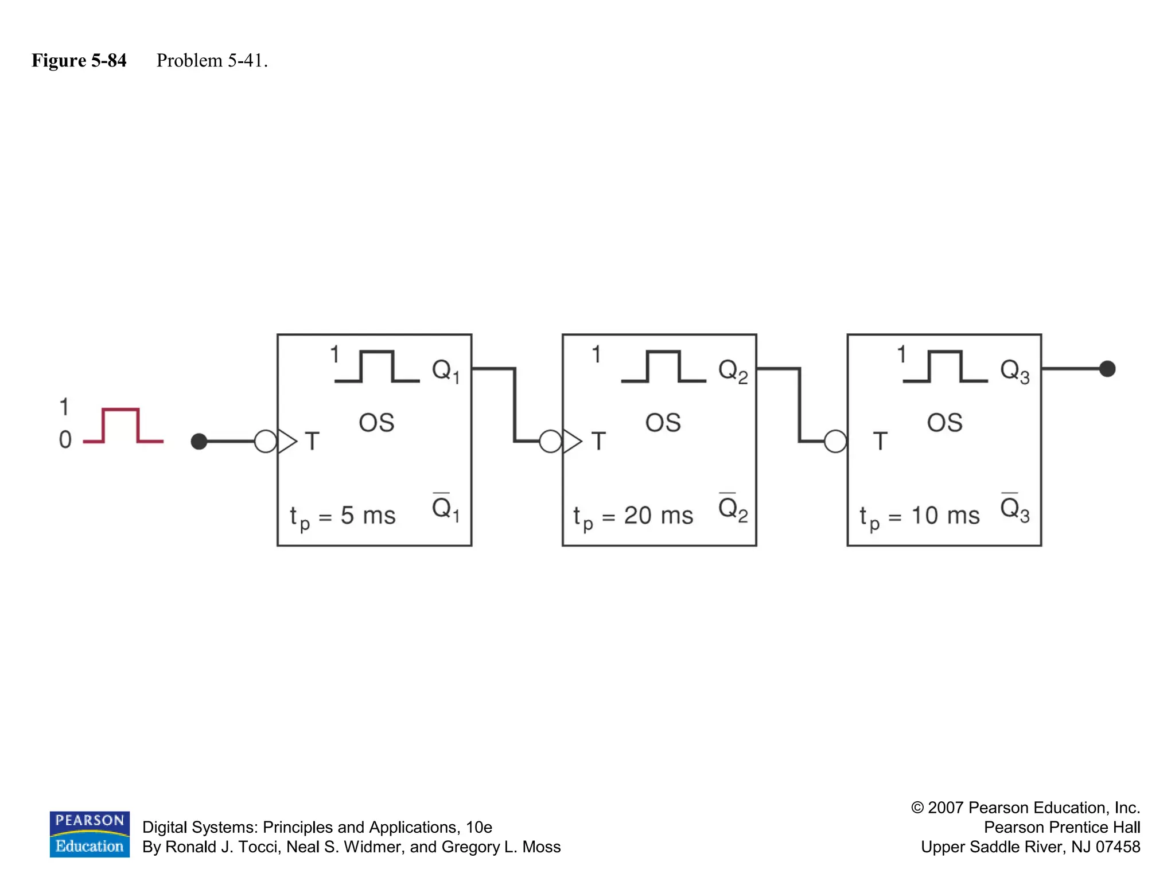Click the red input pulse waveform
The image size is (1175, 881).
point(122,425)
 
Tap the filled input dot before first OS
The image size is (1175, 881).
point(199,442)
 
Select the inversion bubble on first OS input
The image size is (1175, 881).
point(265,442)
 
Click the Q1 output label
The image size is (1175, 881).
point(445,371)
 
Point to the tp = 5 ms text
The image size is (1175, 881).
point(343,516)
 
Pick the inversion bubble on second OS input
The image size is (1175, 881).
point(550,442)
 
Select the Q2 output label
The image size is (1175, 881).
point(733,371)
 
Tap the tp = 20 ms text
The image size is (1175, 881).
point(633,516)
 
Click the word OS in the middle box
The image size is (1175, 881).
point(663,423)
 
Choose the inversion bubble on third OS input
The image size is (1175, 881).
point(835,442)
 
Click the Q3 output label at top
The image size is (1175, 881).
point(1014,371)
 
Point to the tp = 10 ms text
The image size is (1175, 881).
point(919,516)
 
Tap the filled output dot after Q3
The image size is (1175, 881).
point(1107,369)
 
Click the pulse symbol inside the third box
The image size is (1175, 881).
point(945,367)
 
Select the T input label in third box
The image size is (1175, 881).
point(880,442)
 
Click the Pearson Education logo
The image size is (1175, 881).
point(90,834)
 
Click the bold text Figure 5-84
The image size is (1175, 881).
point(79,60)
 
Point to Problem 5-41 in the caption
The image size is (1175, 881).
point(212,60)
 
